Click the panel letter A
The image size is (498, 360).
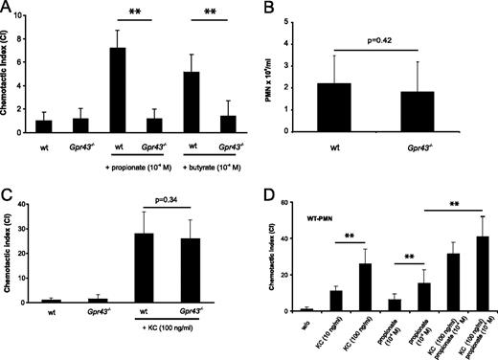[x=8, y=9]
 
